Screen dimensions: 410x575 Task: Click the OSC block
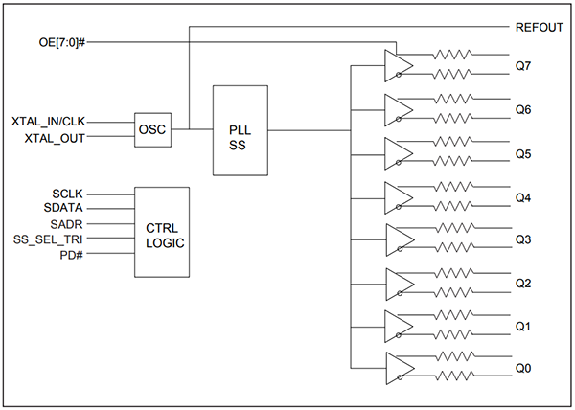point(153,129)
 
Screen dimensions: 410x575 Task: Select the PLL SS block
point(240,129)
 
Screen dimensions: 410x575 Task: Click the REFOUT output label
point(540,27)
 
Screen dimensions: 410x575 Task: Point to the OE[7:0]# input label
point(62,42)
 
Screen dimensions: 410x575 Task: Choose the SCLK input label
point(71,193)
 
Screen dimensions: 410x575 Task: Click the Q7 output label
point(523,65)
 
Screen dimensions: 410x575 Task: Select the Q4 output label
point(523,197)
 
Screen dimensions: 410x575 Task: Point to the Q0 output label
point(523,369)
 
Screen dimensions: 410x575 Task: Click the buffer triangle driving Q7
point(398,65)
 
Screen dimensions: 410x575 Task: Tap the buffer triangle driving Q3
point(398,239)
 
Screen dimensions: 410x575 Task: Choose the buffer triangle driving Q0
point(398,369)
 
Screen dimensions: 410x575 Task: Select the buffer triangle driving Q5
point(398,153)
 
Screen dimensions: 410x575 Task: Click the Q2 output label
point(523,284)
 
